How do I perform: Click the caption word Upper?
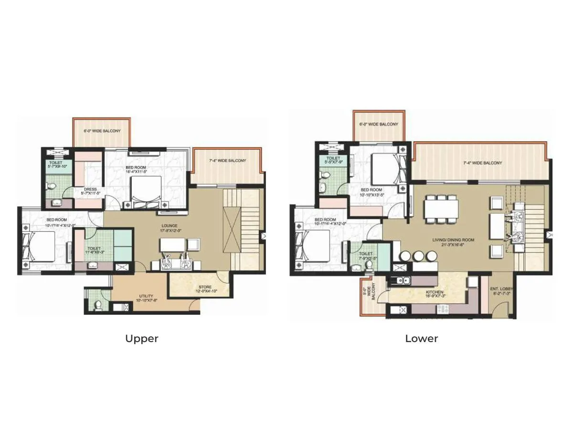pyautogui.click(x=141, y=339)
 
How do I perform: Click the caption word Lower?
pyautogui.click(x=421, y=339)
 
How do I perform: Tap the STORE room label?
pyautogui.click(x=205, y=289)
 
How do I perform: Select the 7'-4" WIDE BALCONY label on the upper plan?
pyautogui.click(x=227, y=161)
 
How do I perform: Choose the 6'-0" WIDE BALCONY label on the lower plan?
pyautogui.click(x=378, y=124)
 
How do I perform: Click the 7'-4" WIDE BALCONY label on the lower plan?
pyautogui.click(x=483, y=163)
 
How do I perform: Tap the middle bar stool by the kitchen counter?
pyautogui.click(x=419, y=256)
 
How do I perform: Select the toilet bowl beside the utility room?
pyautogui.click(x=98, y=304)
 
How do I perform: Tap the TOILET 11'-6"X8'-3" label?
pyautogui.click(x=94, y=250)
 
